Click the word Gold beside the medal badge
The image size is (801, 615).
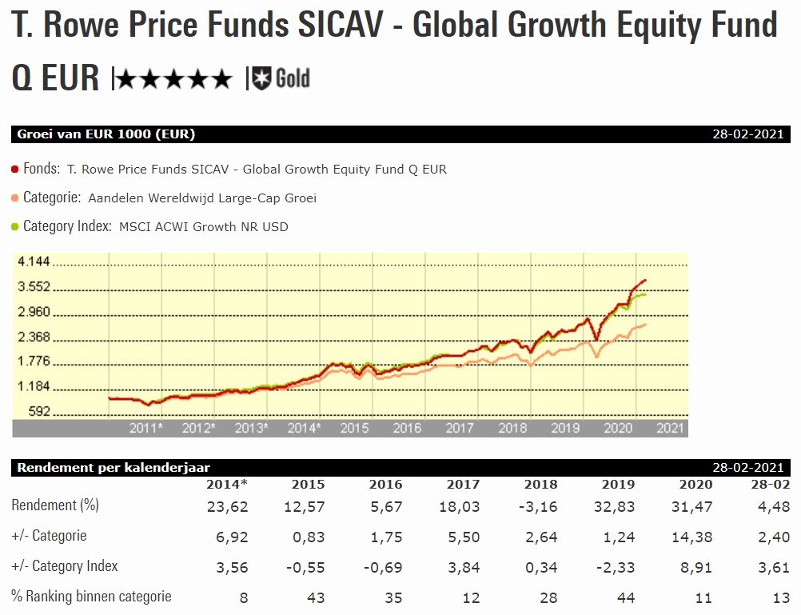pos(293,78)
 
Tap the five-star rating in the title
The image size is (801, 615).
pos(174,79)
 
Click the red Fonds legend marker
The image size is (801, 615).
pos(15,170)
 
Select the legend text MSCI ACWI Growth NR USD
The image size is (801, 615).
pos(203,226)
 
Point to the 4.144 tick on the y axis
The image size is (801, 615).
pos(34,262)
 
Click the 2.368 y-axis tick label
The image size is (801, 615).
pos(34,337)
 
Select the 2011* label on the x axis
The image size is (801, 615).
pos(146,428)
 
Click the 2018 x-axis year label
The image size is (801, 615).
pos(512,428)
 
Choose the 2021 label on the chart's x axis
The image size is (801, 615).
pos(670,428)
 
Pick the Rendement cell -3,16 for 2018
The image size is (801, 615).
pos(540,506)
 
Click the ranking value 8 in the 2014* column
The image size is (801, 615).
pos(243,597)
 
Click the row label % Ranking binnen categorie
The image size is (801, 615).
pos(91,596)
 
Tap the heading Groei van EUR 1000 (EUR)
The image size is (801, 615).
pos(106,134)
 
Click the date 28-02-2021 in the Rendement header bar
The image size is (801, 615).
pos(748,467)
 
